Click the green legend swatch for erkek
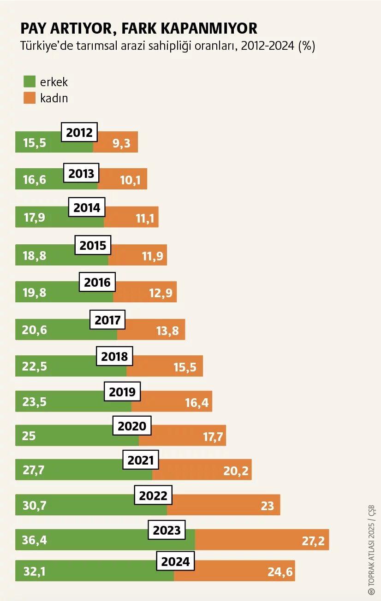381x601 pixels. (30, 82)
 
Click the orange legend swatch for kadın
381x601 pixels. (30, 98)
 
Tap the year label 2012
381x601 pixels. (79, 133)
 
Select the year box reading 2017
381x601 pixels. (107, 320)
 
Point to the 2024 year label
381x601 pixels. (175, 561)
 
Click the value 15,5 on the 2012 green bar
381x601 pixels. (35, 143)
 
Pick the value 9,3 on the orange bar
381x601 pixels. (121, 143)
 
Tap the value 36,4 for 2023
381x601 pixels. (35, 540)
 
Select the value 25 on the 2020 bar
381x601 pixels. (29, 436)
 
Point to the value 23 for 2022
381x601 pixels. (268, 506)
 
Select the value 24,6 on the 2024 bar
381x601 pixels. (280, 572)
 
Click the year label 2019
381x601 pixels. (122, 392)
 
